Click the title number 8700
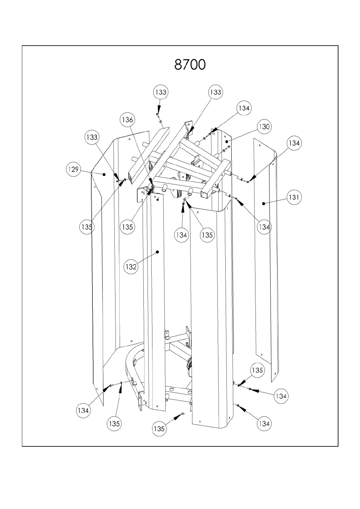pyautogui.click(x=190, y=64)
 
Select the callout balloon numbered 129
pyautogui.click(x=73, y=169)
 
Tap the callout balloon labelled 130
pyautogui.click(x=264, y=126)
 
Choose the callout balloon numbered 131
pyautogui.click(x=294, y=197)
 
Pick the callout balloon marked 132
pyautogui.click(x=131, y=267)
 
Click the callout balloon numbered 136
pyautogui.click(x=127, y=120)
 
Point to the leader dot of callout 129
pyautogui.click(x=104, y=175)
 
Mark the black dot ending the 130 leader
pyautogui.click(x=227, y=141)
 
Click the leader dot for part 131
pyautogui.click(x=264, y=204)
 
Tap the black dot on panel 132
pyautogui.click(x=158, y=252)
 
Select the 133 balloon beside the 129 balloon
pyautogui.click(x=92, y=137)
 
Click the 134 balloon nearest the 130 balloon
pyautogui.click(x=244, y=108)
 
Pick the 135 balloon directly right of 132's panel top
pyautogui.click(x=207, y=235)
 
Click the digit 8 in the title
pyautogui.click(x=178, y=64)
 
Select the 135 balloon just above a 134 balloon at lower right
pyautogui.click(x=257, y=370)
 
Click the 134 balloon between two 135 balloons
pyautogui.click(x=181, y=235)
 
